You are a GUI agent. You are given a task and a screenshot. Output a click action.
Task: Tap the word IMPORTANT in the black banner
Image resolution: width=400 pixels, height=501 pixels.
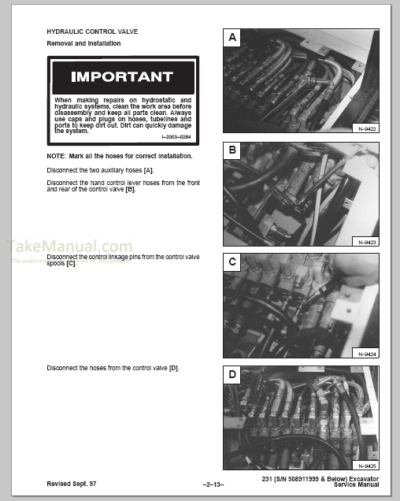[x=121, y=77]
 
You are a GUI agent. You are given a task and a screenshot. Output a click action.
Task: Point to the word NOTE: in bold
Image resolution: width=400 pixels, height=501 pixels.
[x=57, y=156]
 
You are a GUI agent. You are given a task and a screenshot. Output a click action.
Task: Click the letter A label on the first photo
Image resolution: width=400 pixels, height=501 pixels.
[x=232, y=37]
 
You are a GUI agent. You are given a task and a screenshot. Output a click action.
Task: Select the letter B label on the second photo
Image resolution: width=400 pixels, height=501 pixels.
[x=232, y=149]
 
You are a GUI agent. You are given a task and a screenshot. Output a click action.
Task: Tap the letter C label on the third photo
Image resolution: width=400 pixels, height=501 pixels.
[x=232, y=261]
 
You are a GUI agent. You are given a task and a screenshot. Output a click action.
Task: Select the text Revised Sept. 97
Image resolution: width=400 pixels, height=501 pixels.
[x=72, y=483]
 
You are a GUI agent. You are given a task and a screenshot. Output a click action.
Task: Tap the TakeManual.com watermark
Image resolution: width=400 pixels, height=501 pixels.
[x=70, y=247]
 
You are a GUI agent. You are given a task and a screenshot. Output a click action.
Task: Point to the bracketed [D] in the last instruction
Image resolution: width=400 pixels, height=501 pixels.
[x=174, y=367]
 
